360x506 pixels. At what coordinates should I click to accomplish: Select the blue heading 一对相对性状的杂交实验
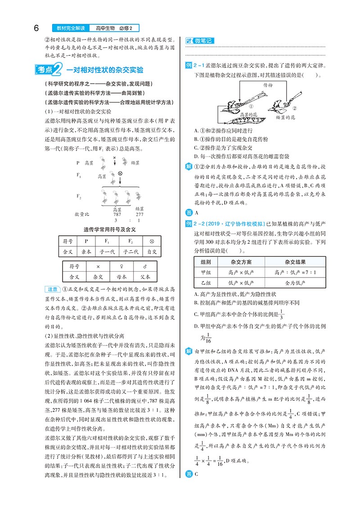[x=105, y=70]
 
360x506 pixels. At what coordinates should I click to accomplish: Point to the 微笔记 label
[x=202, y=41]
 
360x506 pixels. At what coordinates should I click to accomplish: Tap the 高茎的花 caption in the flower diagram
[x=245, y=115]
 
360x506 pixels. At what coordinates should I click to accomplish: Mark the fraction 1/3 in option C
[x=281, y=314]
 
